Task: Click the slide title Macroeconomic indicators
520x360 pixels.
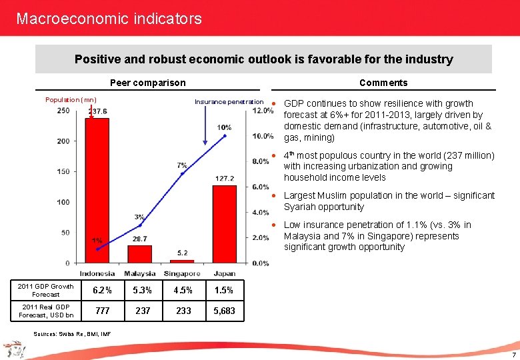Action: pos(109,19)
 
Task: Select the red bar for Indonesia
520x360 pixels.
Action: pos(97,190)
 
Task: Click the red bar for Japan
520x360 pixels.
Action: pos(225,224)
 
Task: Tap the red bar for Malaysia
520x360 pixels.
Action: pos(140,254)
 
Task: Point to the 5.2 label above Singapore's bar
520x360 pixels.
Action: pos(182,253)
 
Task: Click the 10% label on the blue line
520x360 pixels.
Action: pos(224,127)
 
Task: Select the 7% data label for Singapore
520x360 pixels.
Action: pos(182,165)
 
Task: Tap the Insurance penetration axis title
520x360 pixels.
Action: pos(229,102)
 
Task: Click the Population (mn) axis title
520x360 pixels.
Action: pos(71,100)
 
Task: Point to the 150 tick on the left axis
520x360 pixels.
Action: pos(64,171)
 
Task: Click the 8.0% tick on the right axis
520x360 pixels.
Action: pos(261,161)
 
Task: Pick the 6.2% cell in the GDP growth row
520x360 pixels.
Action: pos(97,291)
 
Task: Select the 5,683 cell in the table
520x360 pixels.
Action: pos(224,311)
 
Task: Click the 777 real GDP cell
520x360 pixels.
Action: pos(103,311)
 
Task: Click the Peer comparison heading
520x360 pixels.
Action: pos(147,83)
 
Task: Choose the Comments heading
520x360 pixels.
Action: pos(383,83)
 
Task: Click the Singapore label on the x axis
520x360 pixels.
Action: pos(182,273)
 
